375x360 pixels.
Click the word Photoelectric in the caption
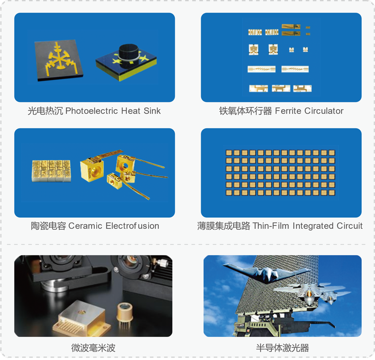point(92,111)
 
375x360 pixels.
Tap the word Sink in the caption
point(152,111)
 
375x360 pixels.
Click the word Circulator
point(324,111)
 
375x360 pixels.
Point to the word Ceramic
point(85,226)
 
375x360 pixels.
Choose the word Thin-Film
point(271,226)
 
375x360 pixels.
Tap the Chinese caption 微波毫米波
point(93,348)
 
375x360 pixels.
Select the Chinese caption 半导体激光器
point(283,348)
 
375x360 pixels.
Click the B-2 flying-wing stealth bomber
point(268,273)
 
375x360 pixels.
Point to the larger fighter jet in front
point(309,292)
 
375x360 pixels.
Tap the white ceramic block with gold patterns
point(51,171)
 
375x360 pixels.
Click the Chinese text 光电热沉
point(45,111)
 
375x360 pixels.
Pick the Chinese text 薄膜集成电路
point(224,226)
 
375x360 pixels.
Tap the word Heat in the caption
point(130,111)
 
